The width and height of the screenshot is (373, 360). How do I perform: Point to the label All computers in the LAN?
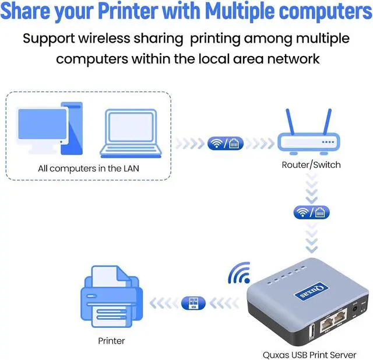89,169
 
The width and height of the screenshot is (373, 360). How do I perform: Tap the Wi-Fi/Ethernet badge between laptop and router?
225,143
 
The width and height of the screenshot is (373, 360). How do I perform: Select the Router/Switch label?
311,165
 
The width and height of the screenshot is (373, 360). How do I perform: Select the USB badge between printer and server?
193,302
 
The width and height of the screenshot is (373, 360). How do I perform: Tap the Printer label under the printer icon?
111,340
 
